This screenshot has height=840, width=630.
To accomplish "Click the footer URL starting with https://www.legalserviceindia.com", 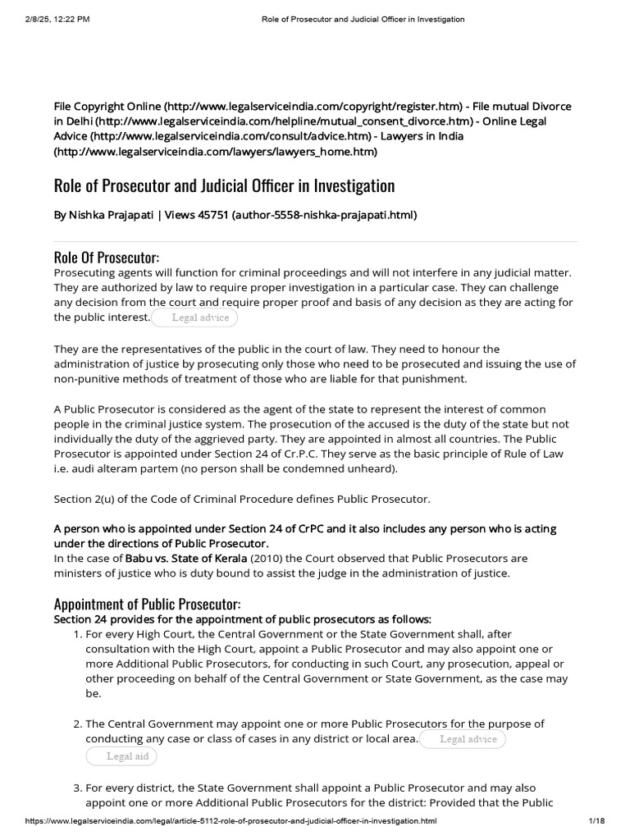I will coord(231,820).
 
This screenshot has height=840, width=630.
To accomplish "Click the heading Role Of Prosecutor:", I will coord(107,258).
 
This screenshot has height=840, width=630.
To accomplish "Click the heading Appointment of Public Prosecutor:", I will coord(147,604).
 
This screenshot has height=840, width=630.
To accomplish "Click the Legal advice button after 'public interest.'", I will coord(195,317).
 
